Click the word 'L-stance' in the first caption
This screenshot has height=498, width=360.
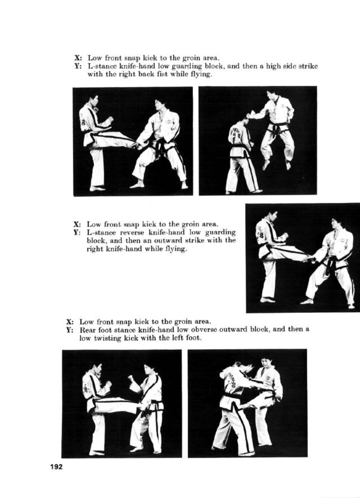pyautogui.click(x=102, y=66)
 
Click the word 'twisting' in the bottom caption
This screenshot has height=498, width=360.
pyautogui.click(x=107, y=338)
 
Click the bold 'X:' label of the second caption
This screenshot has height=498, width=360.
pyautogui.click(x=78, y=224)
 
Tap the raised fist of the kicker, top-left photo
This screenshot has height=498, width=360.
pyautogui.click(x=110, y=120)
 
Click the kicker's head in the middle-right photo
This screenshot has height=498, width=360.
pyautogui.click(x=272, y=217)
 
